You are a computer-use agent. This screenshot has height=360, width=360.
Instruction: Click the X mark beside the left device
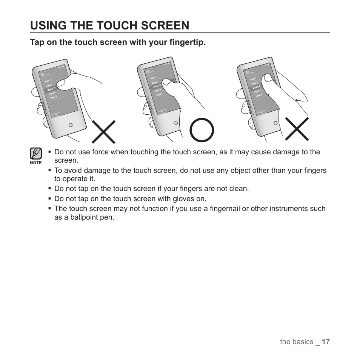click(104, 132)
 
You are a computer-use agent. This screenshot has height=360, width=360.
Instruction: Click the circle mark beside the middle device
click(202, 130)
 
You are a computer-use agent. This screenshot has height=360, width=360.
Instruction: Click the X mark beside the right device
click(297, 129)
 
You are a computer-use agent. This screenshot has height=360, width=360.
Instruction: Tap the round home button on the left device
click(70, 125)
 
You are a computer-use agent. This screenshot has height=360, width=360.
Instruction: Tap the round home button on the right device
click(275, 123)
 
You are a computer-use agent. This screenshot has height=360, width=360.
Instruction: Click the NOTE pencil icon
click(35, 154)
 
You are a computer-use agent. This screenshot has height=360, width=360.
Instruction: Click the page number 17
click(326, 342)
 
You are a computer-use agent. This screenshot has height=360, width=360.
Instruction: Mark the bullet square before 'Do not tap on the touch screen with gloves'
click(49, 199)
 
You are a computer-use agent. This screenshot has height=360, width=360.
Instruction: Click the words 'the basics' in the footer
click(297, 342)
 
